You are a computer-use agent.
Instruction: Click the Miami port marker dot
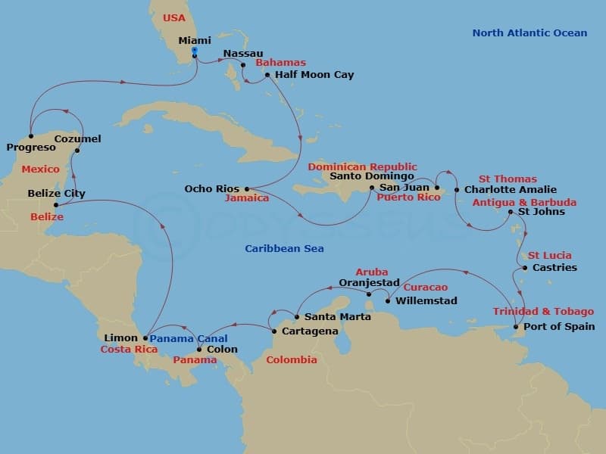pos(195,55)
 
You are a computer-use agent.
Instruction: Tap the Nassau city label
pos(242,54)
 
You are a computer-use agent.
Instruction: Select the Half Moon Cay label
pos(314,75)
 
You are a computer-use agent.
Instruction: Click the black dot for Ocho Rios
pos(247,189)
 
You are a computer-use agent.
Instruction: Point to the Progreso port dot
pos(31,137)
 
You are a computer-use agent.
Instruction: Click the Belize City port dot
pos(56,204)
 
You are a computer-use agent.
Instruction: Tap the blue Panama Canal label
pos(188,338)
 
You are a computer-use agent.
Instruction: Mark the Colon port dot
pos(199,350)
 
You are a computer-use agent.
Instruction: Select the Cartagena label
pos(310,331)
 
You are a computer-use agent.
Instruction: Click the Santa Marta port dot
pos(296,317)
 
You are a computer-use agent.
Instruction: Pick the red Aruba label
pos(372,272)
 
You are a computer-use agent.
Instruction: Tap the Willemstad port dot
pos(387,301)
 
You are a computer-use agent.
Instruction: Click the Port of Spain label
pos(559,327)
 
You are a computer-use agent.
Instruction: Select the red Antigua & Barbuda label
pos(524,203)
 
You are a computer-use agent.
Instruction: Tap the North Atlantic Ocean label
pos(529,33)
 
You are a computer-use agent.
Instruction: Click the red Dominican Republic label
pos(362,166)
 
